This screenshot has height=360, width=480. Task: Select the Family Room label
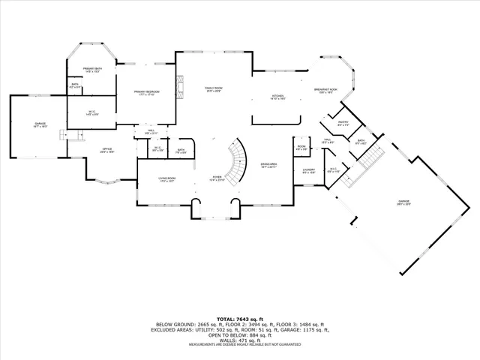pyautogui.click(x=214, y=89)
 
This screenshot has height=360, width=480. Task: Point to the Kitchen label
pyautogui.click(x=277, y=97)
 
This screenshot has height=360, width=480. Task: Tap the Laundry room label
pyautogui.click(x=308, y=171)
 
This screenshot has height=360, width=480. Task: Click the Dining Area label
pyautogui.click(x=269, y=166)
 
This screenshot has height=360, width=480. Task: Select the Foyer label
pyautogui.click(x=217, y=178)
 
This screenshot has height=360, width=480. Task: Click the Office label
pyautogui.click(x=107, y=150)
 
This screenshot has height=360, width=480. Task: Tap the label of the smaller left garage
pyautogui.click(x=39, y=125)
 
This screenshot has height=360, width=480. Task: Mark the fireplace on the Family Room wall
pyautogui.click(x=178, y=87)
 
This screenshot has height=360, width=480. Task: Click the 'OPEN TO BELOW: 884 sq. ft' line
pyautogui.click(x=240, y=334)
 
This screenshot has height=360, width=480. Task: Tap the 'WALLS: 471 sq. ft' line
pyautogui.click(x=240, y=340)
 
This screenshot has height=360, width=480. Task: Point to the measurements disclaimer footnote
pyautogui.click(x=240, y=345)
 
